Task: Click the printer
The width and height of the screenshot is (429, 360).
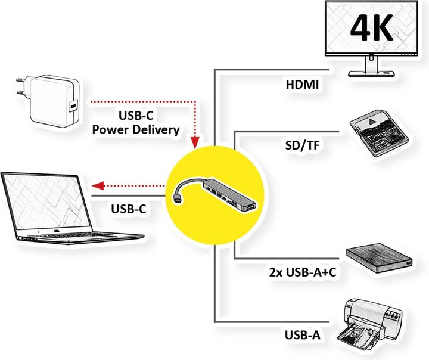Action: coord(372,322)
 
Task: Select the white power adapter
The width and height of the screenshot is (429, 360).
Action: coord(53,100)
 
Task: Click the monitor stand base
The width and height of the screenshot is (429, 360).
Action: coord(373,72)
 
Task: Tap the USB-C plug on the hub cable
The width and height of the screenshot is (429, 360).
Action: coord(178,196)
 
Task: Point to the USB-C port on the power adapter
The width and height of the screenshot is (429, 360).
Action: coord(73,106)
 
